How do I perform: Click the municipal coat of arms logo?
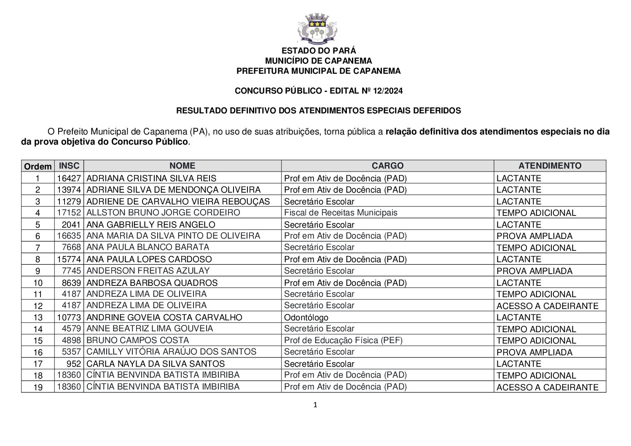318,29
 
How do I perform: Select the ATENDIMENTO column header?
550,166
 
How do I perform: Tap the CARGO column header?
387,166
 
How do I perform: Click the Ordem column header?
38,166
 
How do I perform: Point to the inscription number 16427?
69,178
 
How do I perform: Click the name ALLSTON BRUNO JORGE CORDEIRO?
163,212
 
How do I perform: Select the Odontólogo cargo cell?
306,317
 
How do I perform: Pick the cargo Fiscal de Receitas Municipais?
341,212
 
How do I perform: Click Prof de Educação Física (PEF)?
343,340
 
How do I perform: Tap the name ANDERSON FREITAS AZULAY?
148,271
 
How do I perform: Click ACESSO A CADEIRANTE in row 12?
547,306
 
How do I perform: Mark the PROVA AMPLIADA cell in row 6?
534,236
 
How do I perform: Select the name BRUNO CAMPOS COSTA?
138,340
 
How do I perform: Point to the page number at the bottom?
315,405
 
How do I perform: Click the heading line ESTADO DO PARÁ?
318,51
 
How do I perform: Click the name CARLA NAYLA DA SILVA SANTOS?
156,363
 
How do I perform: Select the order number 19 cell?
38,387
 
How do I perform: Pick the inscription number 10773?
69,317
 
